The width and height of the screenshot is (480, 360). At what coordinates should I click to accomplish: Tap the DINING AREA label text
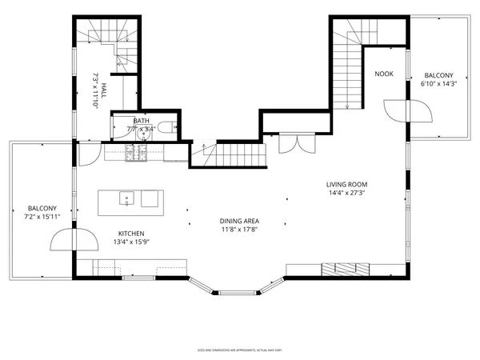[240, 221]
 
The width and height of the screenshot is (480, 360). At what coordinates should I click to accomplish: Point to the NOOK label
[384, 74]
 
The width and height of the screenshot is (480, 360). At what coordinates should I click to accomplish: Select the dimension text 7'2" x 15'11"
[41, 214]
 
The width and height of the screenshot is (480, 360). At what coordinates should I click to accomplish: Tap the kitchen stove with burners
[134, 152]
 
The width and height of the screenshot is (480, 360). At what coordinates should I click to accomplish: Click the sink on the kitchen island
[127, 198]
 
